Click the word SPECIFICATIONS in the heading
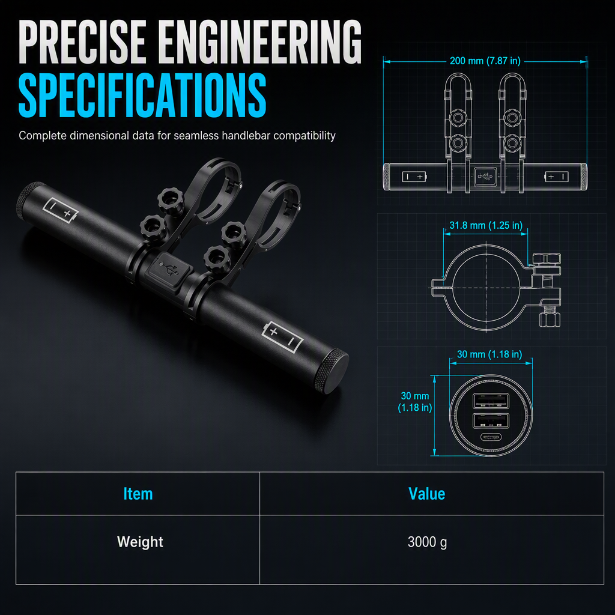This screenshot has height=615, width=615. tap(142, 95)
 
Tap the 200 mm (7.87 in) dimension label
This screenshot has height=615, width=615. tap(485, 61)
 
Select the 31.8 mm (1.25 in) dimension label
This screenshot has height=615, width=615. tap(485, 225)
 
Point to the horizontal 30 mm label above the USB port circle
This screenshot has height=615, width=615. tap(489, 354)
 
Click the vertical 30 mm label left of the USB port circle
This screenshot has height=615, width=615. tap(415, 402)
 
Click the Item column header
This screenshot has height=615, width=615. tap(138, 494)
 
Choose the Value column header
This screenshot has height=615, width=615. tap(427, 494)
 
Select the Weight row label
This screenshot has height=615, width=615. tap(140, 542)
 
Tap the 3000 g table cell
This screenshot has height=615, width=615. tap(427, 542)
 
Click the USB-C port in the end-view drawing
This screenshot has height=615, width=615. tap(491, 438)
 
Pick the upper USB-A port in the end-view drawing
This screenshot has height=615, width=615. tap(491, 401)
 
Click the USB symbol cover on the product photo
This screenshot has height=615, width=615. tap(170, 268)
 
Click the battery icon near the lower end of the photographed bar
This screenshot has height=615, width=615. tap(282, 337)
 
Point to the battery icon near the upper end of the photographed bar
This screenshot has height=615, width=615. tap(61, 210)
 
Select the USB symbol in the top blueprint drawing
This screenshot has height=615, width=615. tap(485, 177)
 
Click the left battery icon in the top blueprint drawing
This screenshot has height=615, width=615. tap(414, 177)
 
